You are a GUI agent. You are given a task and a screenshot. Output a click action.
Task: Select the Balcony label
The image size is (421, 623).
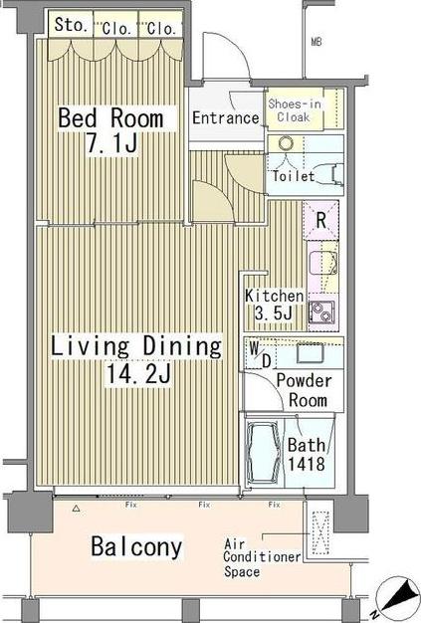click(x=136, y=546)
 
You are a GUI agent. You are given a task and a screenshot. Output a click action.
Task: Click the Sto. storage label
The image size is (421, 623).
click(x=71, y=25)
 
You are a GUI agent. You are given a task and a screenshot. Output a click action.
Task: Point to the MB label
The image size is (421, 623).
click(x=316, y=42)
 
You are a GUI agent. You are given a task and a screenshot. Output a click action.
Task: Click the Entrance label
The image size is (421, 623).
click(x=226, y=118)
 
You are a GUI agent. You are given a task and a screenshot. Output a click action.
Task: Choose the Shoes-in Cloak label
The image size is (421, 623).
click(x=295, y=110)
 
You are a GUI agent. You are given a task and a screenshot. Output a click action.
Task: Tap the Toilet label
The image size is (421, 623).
click(x=294, y=176)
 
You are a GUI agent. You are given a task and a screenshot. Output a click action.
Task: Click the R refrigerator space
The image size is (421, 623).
click(x=320, y=221)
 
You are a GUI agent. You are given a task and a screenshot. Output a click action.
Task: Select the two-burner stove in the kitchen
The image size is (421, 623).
click(x=321, y=311)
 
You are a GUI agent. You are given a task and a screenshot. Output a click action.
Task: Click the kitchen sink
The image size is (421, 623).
click(x=323, y=263)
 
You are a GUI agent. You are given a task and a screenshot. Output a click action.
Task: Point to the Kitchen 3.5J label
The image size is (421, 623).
click(x=274, y=305)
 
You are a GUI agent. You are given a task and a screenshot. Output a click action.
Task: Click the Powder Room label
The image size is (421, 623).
click(x=305, y=390)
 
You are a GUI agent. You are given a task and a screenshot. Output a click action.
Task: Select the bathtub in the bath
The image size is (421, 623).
click(x=263, y=453)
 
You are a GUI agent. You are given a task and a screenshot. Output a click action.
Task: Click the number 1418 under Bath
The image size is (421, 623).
click(x=307, y=464)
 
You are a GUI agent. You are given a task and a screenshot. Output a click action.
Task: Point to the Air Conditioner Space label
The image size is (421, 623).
click(x=262, y=558)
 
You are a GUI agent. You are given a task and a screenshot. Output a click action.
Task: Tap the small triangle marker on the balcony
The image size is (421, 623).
click(x=77, y=508)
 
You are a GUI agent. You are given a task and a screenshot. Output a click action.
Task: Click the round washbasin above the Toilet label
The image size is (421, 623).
click(x=286, y=143)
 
